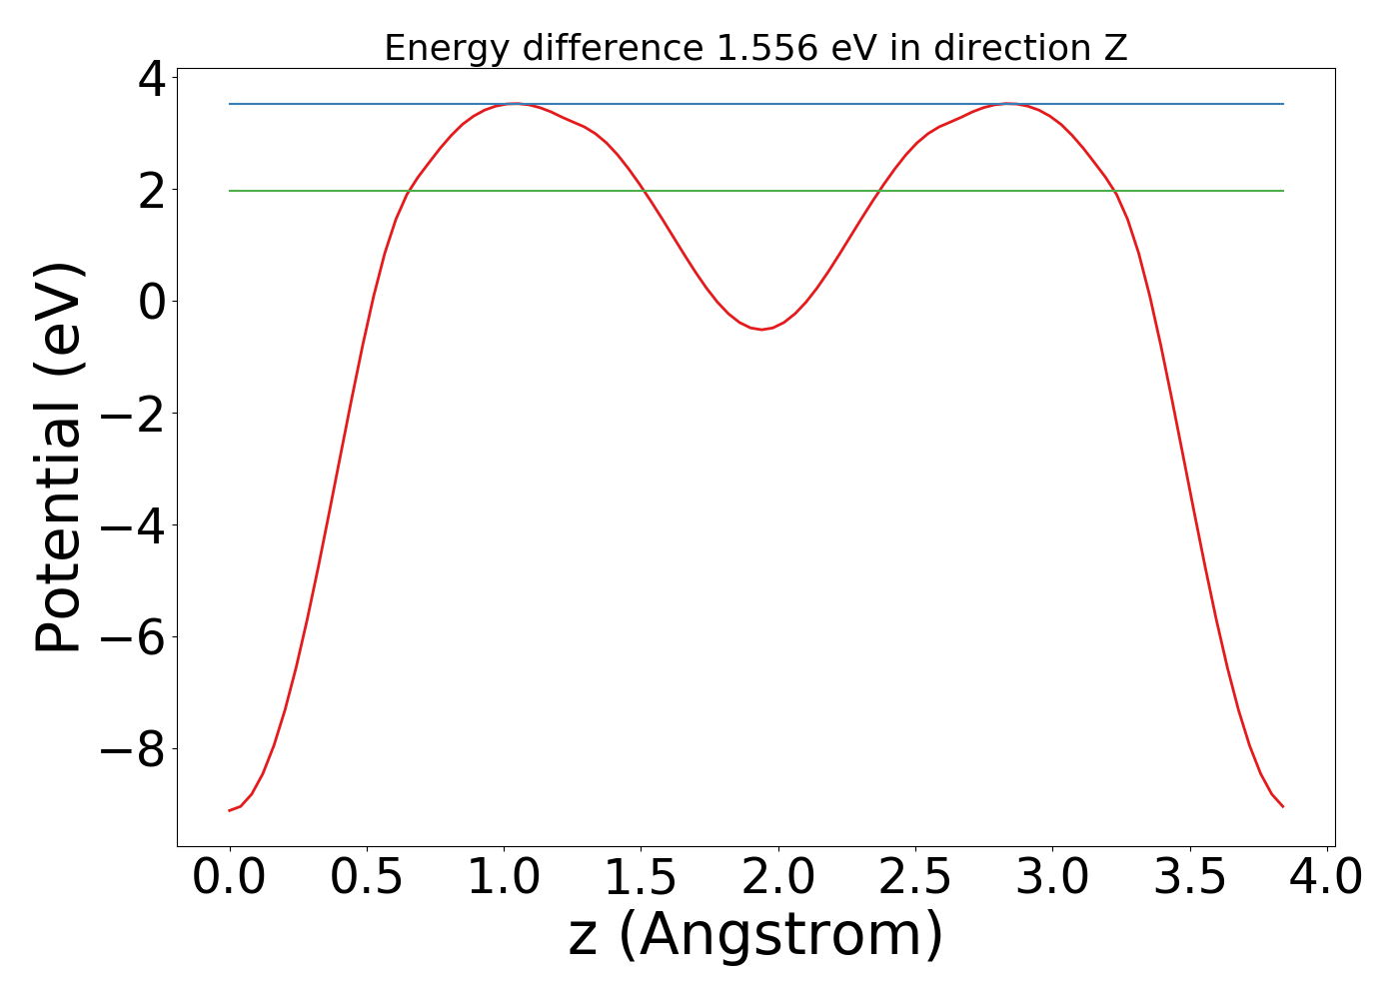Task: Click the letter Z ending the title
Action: [x=1117, y=48]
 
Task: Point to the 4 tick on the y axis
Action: [x=153, y=78]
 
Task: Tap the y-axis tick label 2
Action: [x=153, y=190]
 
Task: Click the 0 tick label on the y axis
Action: [x=153, y=302]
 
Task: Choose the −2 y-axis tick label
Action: [x=134, y=414]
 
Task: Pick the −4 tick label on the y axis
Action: [x=134, y=525]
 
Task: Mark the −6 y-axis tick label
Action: [x=134, y=637]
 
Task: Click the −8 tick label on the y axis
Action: [x=134, y=749]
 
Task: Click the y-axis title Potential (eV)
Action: [x=60, y=458]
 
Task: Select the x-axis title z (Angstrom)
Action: [x=756, y=936]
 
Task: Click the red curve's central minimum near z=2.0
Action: [x=761, y=329]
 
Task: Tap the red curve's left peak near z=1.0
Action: [x=514, y=104]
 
